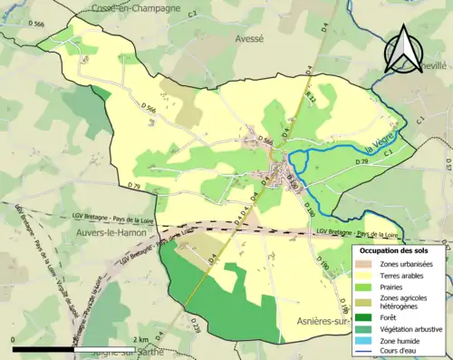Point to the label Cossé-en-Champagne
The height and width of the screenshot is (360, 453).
[x=136, y=8]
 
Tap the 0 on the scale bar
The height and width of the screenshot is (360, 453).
[x=14, y=339]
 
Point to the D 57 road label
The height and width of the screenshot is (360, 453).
[x=448, y=165]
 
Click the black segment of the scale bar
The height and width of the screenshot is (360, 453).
[x=45, y=349]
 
